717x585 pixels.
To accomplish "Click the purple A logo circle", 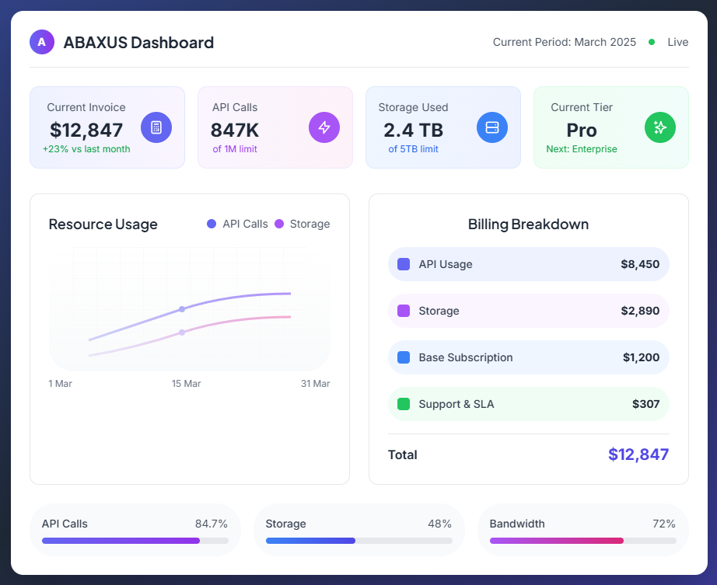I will click(x=42, y=42).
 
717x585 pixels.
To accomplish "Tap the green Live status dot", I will click(x=652, y=42).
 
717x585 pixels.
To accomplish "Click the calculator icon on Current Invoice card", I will click(x=156, y=127).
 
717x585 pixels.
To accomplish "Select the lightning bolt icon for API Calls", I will click(x=324, y=127).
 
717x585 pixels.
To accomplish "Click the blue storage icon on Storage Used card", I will click(x=492, y=127).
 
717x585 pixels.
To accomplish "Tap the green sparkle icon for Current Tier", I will click(x=660, y=127).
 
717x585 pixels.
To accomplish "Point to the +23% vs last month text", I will click(x=86, y=149).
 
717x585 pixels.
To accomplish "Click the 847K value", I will click(x=235, y=130).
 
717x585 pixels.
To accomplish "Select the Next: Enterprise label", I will click(x=582, y=149).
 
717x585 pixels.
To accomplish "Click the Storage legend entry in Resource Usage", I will click(x=303, y=224).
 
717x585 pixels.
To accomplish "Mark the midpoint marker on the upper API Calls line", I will click(x=182, y=309).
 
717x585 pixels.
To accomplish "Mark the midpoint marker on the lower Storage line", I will click(x=182, y=333).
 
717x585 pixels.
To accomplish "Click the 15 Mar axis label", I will click(x=187, y=384).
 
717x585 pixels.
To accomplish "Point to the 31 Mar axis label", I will click(x=315, y=384).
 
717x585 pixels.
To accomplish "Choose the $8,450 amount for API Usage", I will click(x=640, y=264).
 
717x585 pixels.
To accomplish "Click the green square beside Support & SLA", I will click(x=404, y=404).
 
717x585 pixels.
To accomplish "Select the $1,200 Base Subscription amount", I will click(x=641, y=357).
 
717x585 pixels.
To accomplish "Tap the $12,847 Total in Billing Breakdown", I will click(x=638, y=454).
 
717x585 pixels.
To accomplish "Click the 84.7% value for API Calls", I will click(x=211, y=524).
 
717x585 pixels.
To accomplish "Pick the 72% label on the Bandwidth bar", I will click(x=664, y=524).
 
